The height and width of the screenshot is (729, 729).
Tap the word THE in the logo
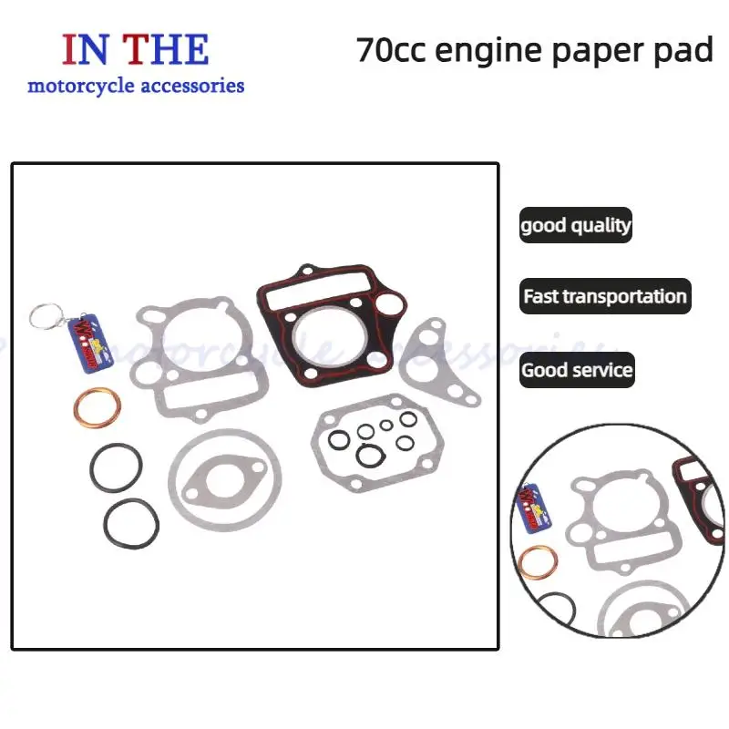tap(166, 49)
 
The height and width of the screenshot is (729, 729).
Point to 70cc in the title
tap(391, 50)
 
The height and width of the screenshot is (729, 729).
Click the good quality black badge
tap(575, 225)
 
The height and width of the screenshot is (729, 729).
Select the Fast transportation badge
tap(605, 297)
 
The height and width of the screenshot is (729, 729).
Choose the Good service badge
tap(576, 370)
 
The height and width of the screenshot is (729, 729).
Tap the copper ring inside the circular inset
tap(538, 569)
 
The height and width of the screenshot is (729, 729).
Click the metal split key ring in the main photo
tap(43, 315)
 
